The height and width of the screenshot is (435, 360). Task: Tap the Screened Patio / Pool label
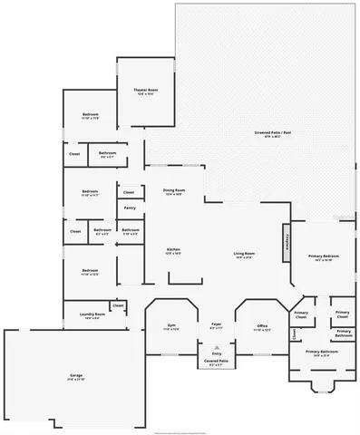coord(273,134)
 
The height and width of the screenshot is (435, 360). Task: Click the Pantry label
coord(129,208)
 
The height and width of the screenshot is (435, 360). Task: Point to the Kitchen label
coord(173,251)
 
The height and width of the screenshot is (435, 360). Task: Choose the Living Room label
coord(243,255)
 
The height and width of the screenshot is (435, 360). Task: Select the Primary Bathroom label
coord(321,353)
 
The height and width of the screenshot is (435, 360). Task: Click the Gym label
coord(171,325)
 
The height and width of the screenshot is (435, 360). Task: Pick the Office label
coord(261,326)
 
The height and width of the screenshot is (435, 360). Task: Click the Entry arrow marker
coord(217,348)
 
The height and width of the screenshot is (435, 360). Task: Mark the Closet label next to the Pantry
coord(129,192)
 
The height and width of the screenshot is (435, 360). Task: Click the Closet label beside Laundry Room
coord(118,306)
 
